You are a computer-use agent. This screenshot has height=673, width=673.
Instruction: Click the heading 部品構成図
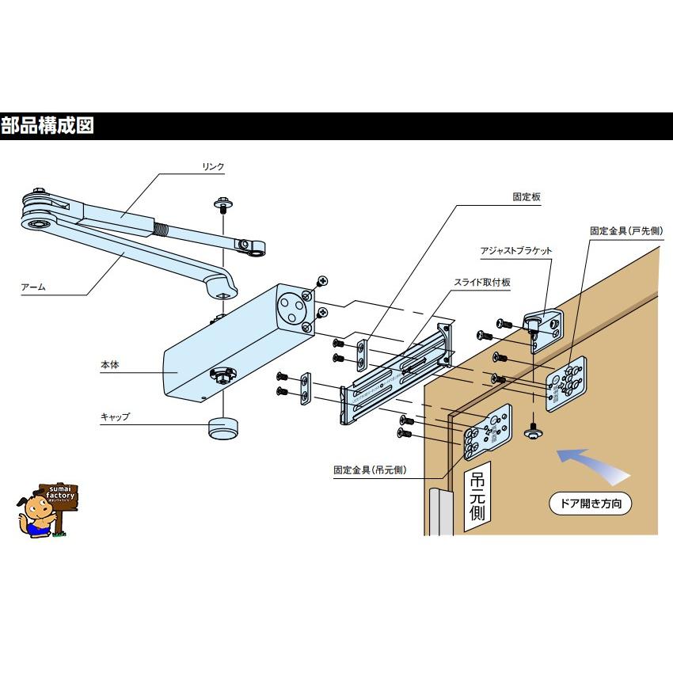pyautogui.click(x=48, y=126)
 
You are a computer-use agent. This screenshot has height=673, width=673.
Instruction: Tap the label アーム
pyautogui.click(x=33, y=288)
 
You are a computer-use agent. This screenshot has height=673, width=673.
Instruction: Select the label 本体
pyautogui.click(x=109, y=366)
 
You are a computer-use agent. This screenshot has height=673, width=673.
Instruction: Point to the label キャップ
pyautogui.click(x=115, y=416)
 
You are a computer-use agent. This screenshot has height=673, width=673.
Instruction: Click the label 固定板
pyautogui.click(x=525, y=197)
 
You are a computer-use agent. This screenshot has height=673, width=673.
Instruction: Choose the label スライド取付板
pyautogui.click(x=487, y=282)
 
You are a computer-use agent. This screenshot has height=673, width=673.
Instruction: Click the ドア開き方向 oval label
pyautogui.click(x=591, y=504)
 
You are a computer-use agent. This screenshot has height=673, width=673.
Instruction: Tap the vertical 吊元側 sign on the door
pyautogui.click(x=477, y=496)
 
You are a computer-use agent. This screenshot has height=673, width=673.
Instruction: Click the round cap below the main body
pyautogui.click(x=222, y=428)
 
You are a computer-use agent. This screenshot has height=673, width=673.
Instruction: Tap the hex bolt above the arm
pyautogui.click(x=223, y=207)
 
